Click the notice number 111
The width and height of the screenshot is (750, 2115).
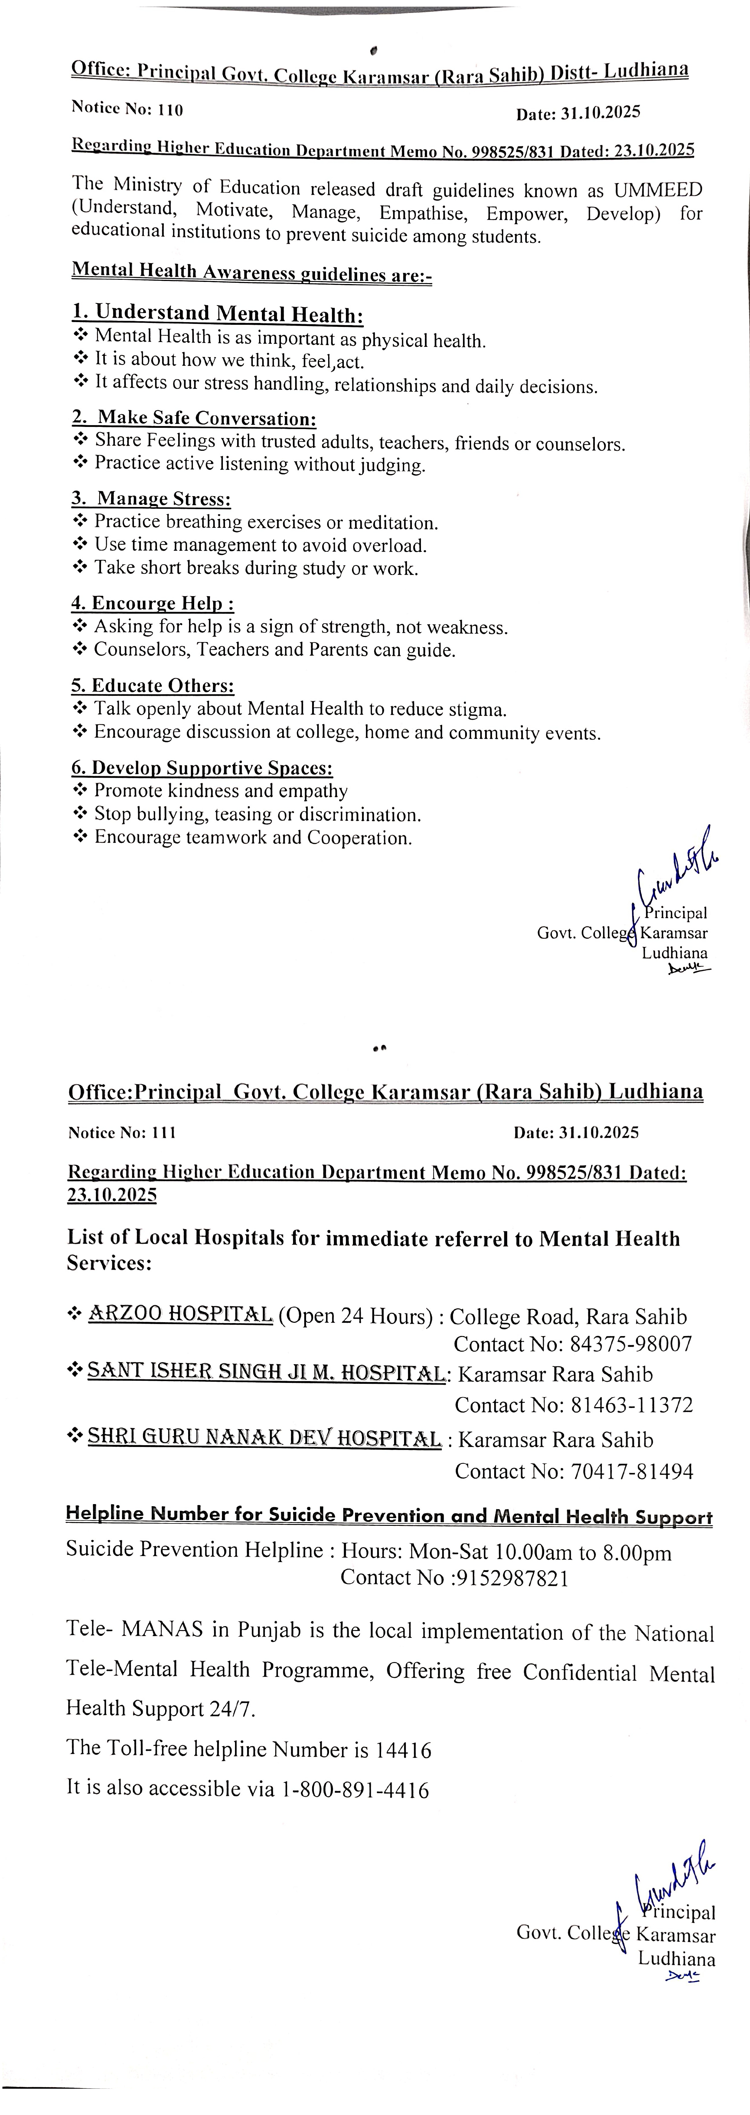point(164,1132)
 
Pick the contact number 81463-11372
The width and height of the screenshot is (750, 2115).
point(632,1406)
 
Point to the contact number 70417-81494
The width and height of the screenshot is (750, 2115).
point(632,1471)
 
